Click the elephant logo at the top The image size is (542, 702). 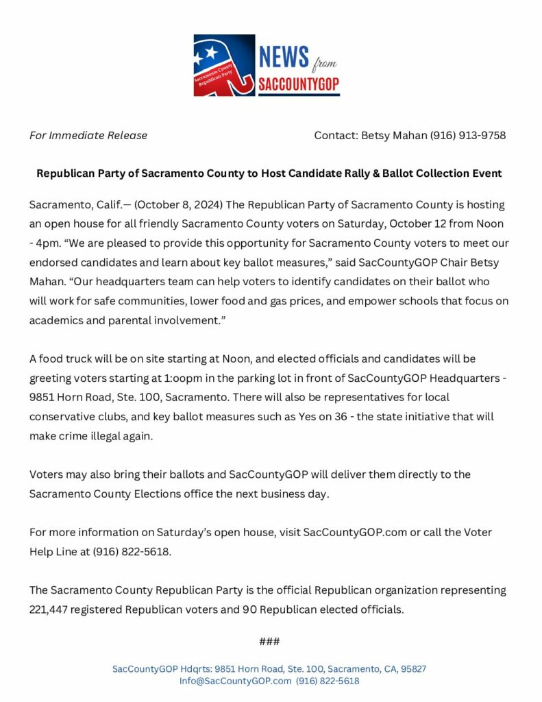pos(224,65)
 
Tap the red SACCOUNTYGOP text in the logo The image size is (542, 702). pos(299,85)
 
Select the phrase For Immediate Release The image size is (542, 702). pos(88,135)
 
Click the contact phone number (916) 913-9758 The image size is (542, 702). pos(468,135)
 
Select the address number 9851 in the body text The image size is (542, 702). pos(44,397)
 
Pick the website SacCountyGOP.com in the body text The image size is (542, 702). pos(355,532)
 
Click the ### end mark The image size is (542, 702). pos(269,642)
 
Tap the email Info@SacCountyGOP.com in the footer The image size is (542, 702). pos(235,681)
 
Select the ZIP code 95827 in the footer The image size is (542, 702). pos(412,668)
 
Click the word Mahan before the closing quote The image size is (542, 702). pos(47,282)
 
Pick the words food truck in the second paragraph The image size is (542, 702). pos(67,359)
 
